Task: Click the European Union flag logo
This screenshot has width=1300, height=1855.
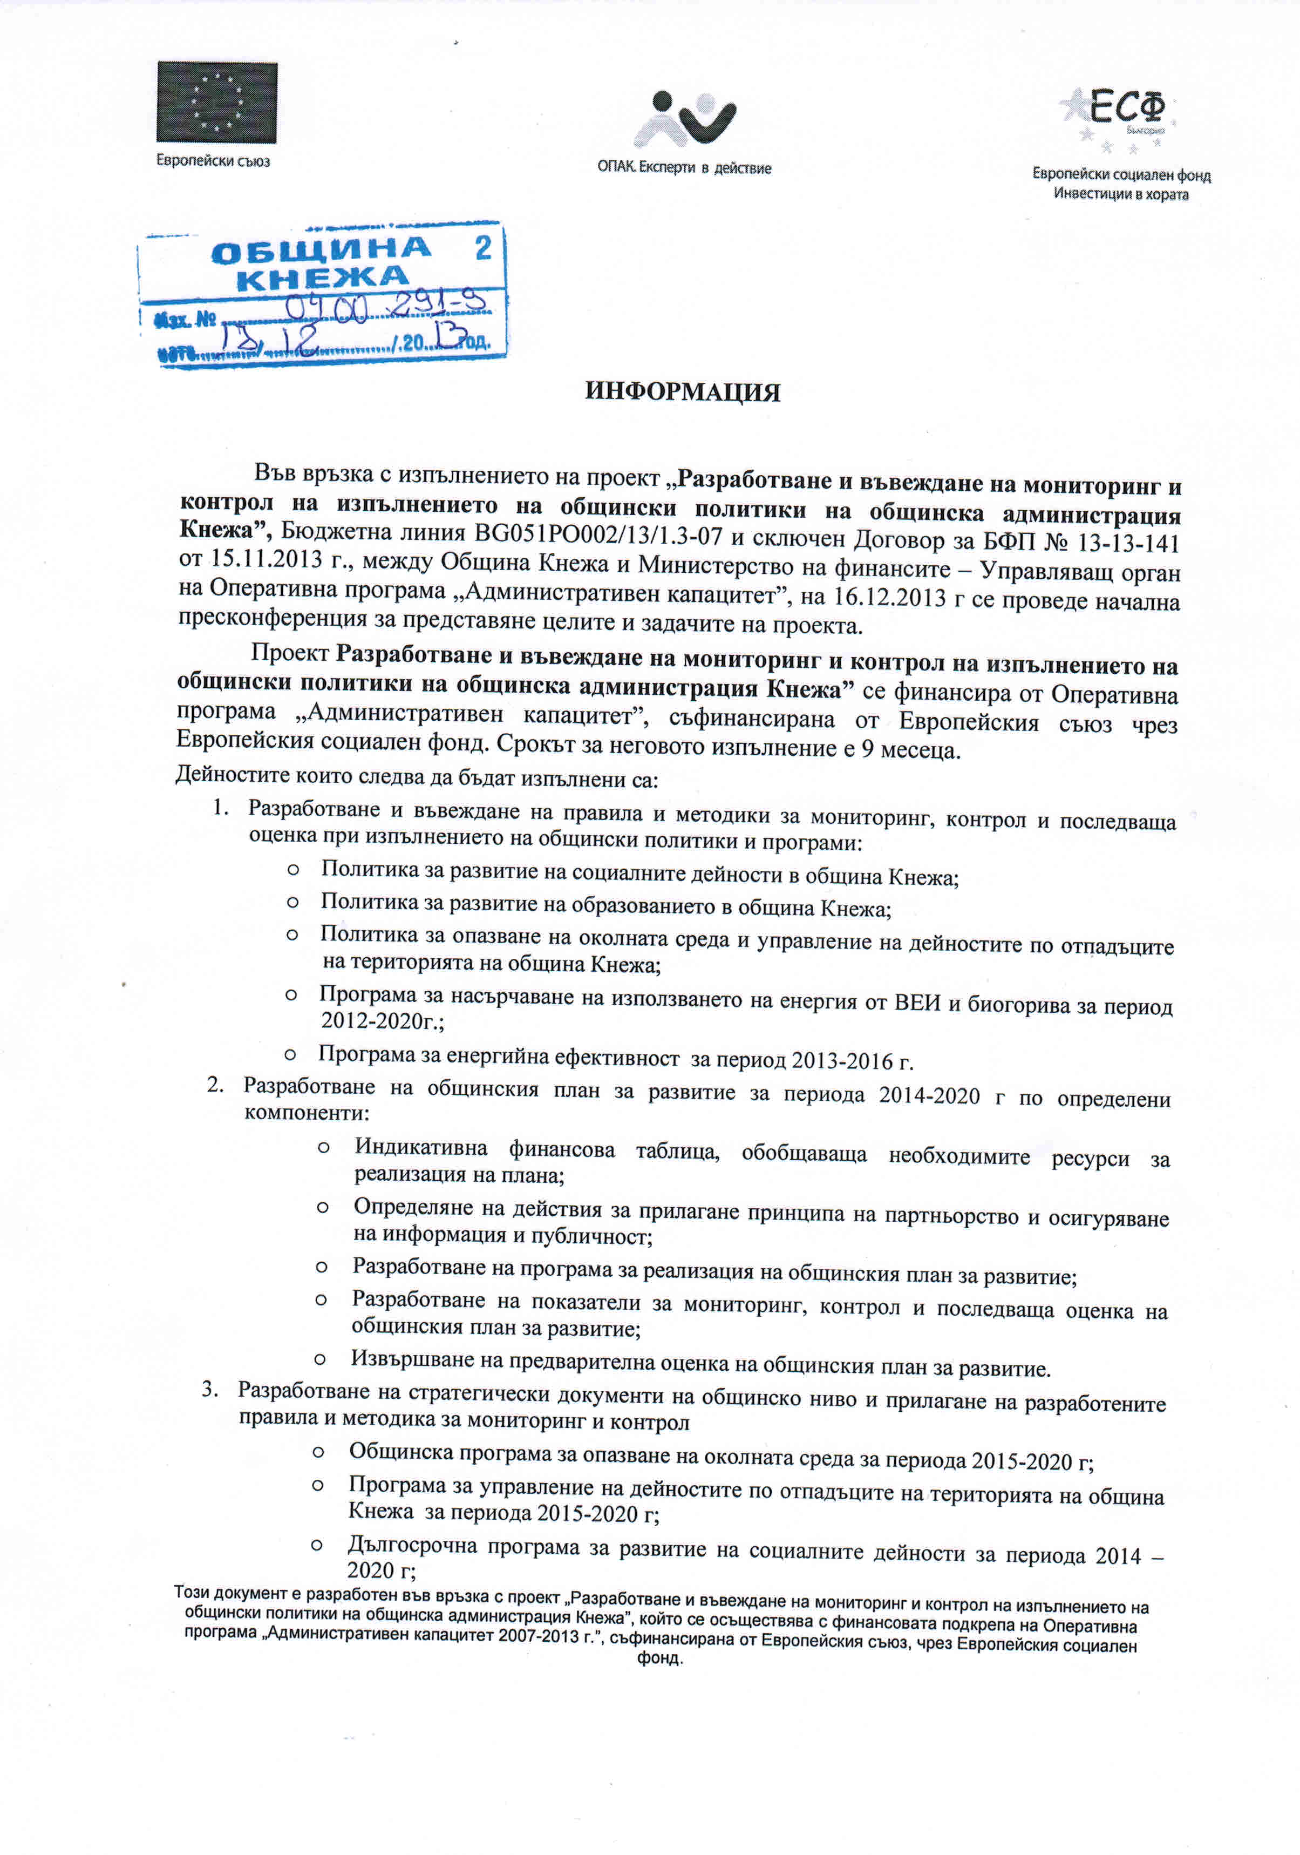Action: pos(216,103)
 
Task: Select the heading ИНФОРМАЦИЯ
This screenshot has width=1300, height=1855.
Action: pos(682,392)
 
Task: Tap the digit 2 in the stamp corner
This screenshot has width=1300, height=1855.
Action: pos(483,248)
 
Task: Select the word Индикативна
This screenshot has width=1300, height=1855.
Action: pos(421,1147)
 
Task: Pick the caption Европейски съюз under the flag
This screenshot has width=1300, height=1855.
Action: pos(213,161)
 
